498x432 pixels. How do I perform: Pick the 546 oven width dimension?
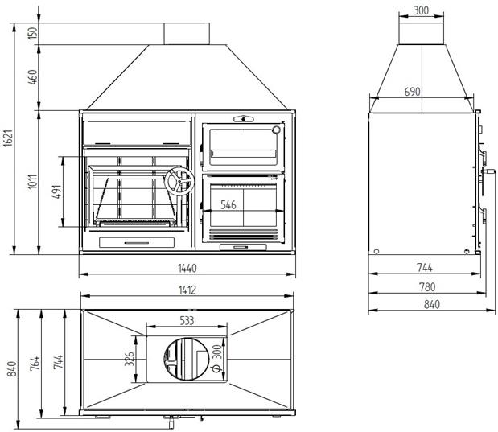tap(228, 205)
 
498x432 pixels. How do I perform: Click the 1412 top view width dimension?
tap(186, 290)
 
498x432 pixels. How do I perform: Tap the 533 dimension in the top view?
tap(186, 321)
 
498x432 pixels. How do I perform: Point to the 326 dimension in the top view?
tap(130, 358)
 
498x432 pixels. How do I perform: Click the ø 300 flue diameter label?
tap(216, 358)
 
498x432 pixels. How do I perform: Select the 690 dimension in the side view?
tap(411, 93)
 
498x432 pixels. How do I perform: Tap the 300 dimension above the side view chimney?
tap(421, 11)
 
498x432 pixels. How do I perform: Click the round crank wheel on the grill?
tap(177, 183)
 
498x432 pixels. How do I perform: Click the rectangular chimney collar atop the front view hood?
tap(187, 33)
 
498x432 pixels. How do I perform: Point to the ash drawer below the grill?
tap(136, 241)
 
